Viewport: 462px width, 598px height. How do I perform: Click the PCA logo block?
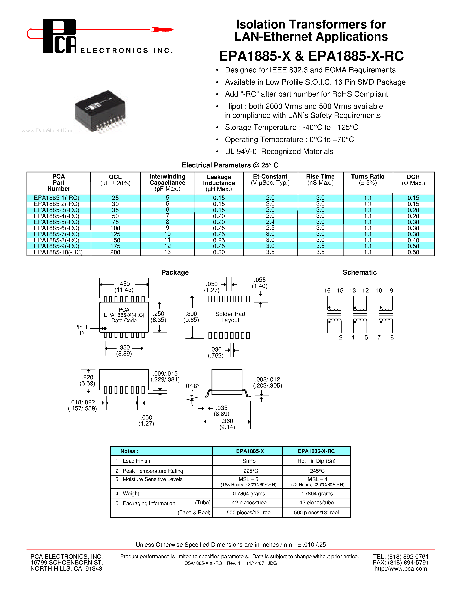click(59, 36)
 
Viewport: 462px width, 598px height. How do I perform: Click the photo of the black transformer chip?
click(100, 111)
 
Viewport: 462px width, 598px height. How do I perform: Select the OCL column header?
click(115, 180)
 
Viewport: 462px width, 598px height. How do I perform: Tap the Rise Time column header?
click(320, 180)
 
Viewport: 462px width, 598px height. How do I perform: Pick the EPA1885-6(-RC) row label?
click(56, 228)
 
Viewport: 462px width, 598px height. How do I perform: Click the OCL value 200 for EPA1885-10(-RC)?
click(115, 252)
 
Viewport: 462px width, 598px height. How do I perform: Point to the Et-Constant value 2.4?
click(270, 222)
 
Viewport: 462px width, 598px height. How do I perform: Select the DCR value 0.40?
click(413, 240)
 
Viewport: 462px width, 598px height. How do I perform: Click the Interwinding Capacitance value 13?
click(167, 252)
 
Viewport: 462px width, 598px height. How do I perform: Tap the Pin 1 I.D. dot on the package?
click(105, 329)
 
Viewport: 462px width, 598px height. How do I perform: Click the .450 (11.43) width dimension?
click(124, 287)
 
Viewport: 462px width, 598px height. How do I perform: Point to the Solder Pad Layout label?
click(230, 317)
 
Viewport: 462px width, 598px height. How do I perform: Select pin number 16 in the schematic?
click(327, 291)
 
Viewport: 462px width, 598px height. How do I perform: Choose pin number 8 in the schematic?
click(392, 338)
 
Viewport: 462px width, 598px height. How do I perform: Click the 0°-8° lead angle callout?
click(193, 386)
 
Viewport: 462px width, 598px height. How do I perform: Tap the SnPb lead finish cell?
click(249, 461)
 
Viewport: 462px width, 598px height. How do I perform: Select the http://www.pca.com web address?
click(400, 569)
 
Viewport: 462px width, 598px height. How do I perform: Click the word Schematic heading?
click(359, 272)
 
